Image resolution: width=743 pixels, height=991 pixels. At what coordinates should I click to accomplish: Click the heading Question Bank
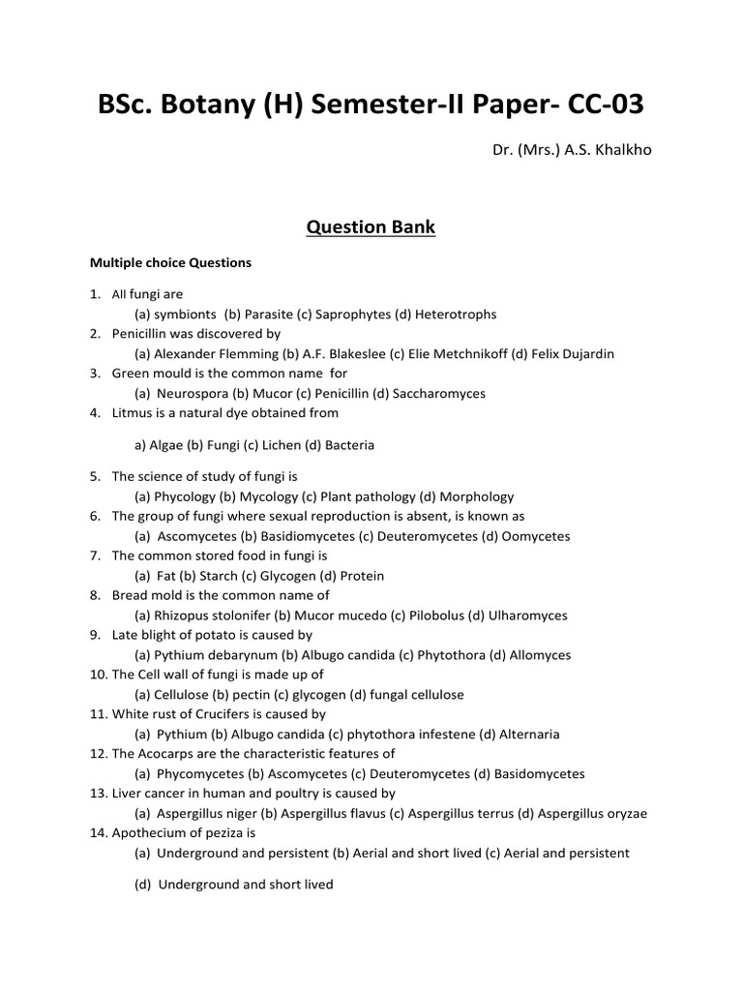pos(371,228)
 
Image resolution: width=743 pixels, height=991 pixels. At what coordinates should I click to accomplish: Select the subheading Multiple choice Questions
pos(170,262)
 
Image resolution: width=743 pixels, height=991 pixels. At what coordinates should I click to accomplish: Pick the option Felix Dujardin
pos(572,354)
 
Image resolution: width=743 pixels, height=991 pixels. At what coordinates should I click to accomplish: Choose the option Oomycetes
pos(533,536)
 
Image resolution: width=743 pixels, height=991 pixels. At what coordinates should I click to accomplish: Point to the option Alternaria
pos(524,735)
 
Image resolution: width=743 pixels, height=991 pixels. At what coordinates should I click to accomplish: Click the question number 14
pos(99,832)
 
